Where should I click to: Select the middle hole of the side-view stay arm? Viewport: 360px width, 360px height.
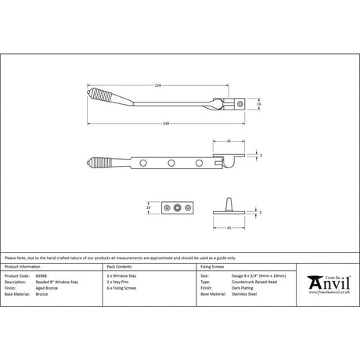pos(171,163)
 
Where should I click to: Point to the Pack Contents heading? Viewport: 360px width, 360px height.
pos(117,268)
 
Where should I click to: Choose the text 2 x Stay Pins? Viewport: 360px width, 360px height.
pos(120,282)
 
